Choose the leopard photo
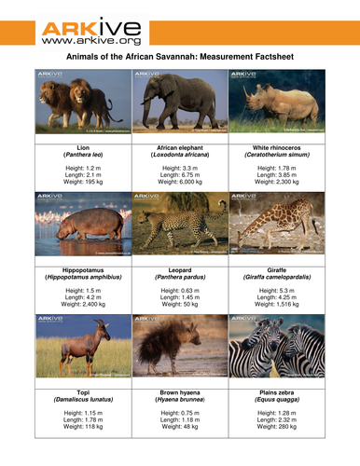point(180,225)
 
